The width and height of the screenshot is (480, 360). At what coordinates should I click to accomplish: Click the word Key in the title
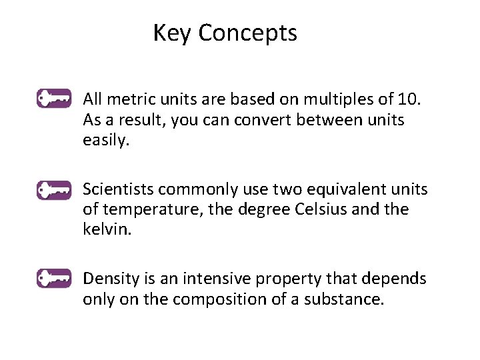pos(171,33)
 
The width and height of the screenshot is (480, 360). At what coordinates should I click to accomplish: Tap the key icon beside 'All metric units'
pos(54,99)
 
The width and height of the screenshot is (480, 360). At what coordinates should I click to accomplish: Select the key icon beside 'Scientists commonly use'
pos(54,189)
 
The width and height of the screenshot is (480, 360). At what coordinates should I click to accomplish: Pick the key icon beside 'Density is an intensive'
pos(54,278)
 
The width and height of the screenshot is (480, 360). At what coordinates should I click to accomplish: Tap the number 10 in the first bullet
pos(408,100)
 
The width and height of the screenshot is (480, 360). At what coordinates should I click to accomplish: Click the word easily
pos(105,141)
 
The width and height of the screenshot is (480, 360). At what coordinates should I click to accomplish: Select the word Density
pos(108,279)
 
